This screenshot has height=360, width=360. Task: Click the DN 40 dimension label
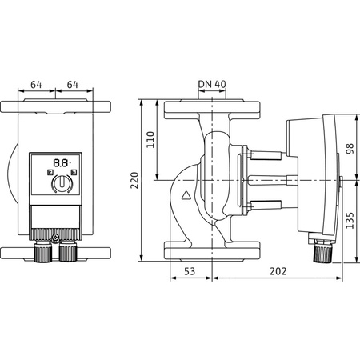[211, 84]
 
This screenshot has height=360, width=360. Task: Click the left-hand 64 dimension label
[36, 84]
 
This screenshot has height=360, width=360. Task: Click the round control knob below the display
[60, 185]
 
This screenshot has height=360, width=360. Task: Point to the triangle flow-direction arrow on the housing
[186, 194]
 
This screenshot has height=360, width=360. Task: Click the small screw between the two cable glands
[54, 238]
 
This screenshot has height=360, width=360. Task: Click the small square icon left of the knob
[49, 173]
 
